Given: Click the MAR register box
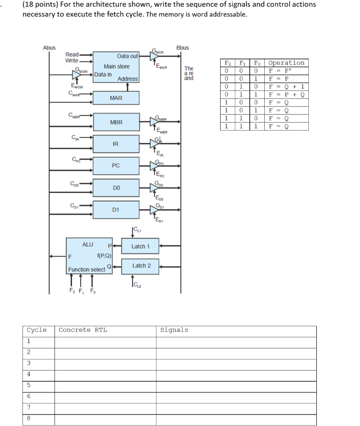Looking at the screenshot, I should tap(116, 98).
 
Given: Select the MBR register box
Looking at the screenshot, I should tap(116, 122).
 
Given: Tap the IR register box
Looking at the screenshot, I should tap(116, 144).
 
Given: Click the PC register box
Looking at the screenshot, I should tap(116, 166).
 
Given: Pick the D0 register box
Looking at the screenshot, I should tap(116, 188).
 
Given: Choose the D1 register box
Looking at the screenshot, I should tap(116, 210).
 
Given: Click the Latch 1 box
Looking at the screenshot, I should tap(140, 247).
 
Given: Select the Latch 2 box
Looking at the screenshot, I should tap(141, 266).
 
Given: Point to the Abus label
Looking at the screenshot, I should tap(49, 48).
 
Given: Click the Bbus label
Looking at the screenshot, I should tap(182, 48).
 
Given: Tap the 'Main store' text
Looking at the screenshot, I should tap(117, 67).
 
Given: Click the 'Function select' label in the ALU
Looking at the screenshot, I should tap(87, 270).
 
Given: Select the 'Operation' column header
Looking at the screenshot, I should tap(286, 63).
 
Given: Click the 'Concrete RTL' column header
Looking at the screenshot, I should tap(83, 330).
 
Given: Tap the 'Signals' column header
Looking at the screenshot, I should tap(174, 330).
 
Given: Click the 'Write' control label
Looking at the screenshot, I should tap(72, 61).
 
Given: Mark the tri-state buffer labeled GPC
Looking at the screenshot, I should tap(154, 166).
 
